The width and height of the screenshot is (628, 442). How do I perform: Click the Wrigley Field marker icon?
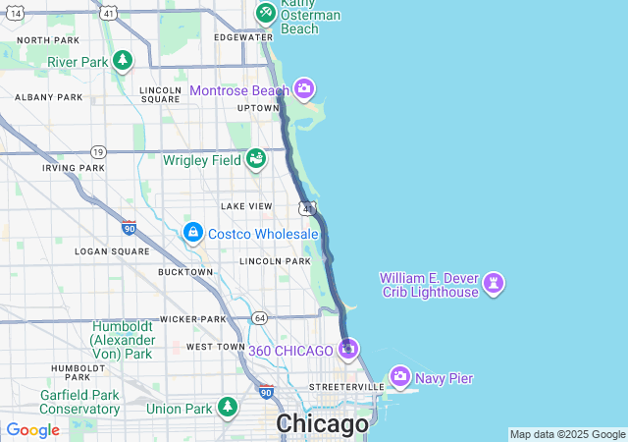tap(256, 158)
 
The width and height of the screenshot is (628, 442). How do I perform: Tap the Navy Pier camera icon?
tap(400, 376)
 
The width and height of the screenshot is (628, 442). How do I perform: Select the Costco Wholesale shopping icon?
tap(194, 233)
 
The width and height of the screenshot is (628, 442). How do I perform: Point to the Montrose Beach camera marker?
tap(304, 90)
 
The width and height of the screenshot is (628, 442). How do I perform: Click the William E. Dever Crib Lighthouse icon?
tap(494, 284)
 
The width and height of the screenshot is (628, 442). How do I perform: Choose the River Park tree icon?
tap(123, 61)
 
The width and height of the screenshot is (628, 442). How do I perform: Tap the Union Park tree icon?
tap(228, 407)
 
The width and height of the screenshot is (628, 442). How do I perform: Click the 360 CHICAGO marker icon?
tap(348, 349)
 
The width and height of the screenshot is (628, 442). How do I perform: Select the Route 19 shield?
tap(97, 152)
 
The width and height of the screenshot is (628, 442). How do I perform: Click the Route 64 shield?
tap(259, 317)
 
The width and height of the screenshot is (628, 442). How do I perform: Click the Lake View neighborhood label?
tap(246, 206)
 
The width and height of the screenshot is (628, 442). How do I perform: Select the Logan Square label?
tap(112, 251)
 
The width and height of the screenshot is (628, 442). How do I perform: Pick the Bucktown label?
tap(184, 272)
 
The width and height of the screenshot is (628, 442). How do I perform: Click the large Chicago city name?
tap(323, 424)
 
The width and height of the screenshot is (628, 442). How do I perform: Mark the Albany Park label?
tap(49, 97)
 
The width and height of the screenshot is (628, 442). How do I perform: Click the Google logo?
tap(32, 430)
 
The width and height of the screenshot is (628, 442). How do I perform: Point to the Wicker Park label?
tap(194, 319)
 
